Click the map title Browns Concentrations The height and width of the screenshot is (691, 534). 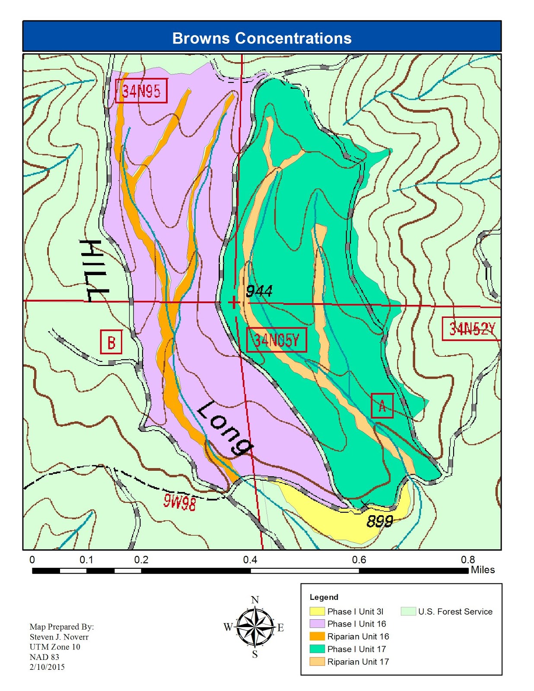tap(262, 38)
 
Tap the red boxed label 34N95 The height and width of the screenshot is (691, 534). tap(141, 92)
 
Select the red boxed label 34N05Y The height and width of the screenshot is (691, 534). tap(277, 340)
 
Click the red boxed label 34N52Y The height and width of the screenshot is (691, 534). tap(471, 329)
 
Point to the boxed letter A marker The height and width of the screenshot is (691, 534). tap(382, 406)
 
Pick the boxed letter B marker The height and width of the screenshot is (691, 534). tap(111, 342)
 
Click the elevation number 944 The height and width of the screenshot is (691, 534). tap(259, 292)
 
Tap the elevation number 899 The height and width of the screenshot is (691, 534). tap(379, 522)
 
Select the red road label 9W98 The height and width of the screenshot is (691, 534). tap(179, 502)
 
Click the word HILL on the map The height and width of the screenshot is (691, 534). tap(92, 271)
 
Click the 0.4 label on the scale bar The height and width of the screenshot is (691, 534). tap(250, 560)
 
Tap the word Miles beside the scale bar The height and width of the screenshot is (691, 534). tap(483, 570)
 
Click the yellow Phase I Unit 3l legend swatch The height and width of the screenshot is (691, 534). tap(317, 612)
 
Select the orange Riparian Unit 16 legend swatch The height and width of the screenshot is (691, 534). tap(317, 637)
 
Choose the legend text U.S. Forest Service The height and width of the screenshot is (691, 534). tap(455, 612)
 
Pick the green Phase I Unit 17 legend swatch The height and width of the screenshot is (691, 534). tap(317, 649)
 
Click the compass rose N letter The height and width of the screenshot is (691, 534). tap(255, 600)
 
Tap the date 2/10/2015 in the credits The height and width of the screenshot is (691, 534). tap(47, 667)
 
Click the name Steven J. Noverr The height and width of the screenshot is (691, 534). tap(59, 637)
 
